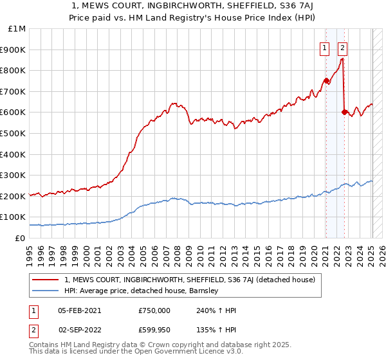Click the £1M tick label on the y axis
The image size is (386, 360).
[x=17, y=29]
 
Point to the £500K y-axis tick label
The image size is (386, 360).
[x=14, y=133]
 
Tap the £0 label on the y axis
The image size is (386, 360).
[x=21, y=238]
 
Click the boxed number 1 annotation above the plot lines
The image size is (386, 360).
[x=326, y=47]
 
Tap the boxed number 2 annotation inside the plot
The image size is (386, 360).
[x=343, y=47]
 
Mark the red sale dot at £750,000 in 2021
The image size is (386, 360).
[x=326, y=81]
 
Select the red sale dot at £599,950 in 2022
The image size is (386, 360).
[x=344, y=113]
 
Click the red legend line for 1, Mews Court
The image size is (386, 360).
[x=45, y=280]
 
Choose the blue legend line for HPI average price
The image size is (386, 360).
[x=45, y=291]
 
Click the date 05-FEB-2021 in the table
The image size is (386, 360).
[x=79, y=310]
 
